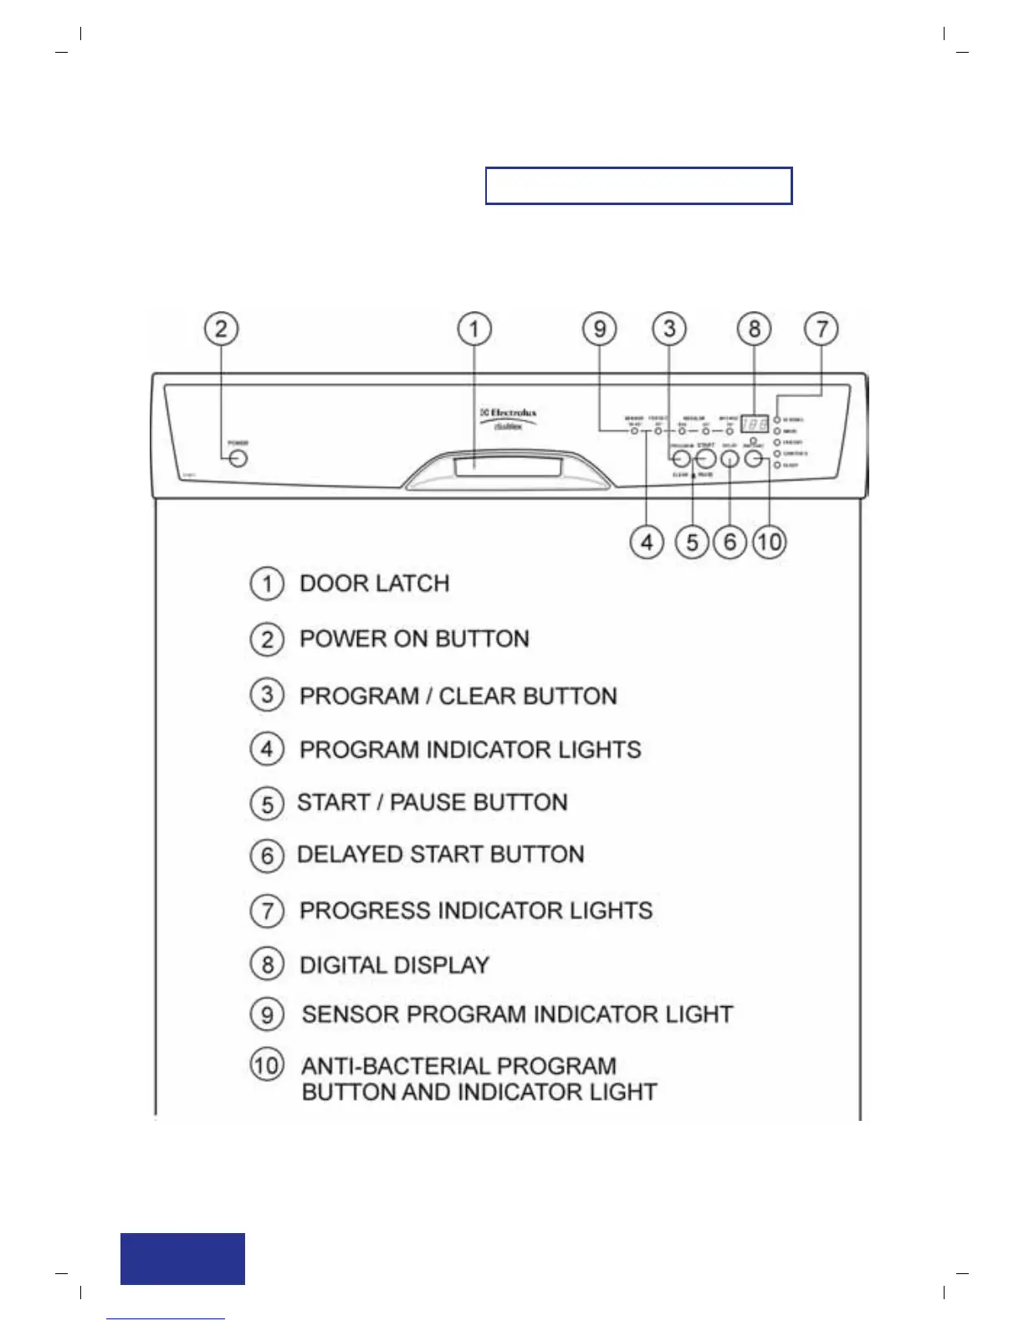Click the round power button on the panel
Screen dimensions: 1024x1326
pyautogui.click(x=238, y=459)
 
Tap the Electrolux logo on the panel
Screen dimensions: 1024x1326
pyautogui.click(x=509, y=413)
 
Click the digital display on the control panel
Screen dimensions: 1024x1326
pyautogui.click(x=754, y=424)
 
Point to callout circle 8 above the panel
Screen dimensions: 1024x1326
pyautogui.click(x=754, y=329)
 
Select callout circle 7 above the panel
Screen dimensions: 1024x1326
pyautogui.click(x=822, y=329)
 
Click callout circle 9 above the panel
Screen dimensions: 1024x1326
pyautogui.click(x=599, y=329)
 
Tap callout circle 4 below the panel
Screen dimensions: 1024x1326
pyautogui.click(x=647, y=542)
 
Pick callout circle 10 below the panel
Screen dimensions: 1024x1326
pyautogui.click(x=769, y=542)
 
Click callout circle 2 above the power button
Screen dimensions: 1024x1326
pyautogui.click(x=221, y=329)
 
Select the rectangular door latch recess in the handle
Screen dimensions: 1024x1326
pyautogui.click(x=508, y=467)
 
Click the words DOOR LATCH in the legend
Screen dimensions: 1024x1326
pyautogui.click(x=374, y=583)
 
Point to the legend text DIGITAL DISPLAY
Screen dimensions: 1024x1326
pyautogui.click(x=394, y=965)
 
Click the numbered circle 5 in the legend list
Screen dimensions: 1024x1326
pyautogui.click(x=267, y=804)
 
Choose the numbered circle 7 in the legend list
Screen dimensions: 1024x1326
pyautogui.click(x=267, y=911)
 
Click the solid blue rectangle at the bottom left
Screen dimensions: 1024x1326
pyautogui.click(x=182, y=1258)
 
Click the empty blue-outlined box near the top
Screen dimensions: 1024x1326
pyautogui.click(x=638, y=186)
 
